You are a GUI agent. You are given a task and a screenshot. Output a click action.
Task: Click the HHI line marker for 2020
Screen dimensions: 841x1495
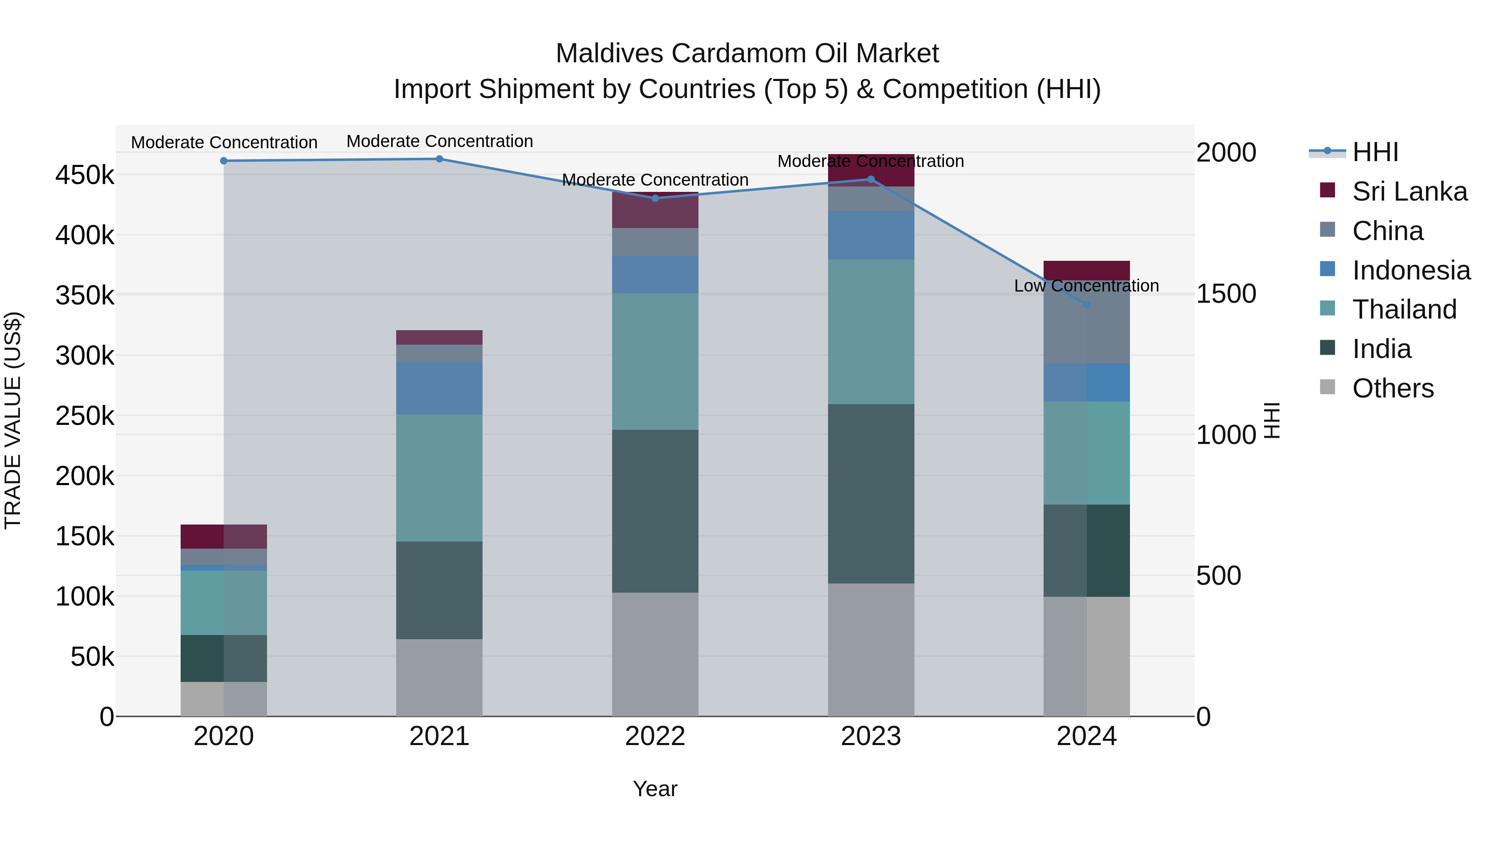tap(223, 161)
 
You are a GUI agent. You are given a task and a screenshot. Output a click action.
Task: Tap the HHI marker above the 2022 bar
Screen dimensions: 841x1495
tap(655, 199)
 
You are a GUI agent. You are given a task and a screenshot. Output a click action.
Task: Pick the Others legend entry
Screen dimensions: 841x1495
tap(1392, 388)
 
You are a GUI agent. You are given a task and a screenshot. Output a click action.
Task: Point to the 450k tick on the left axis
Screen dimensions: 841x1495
tap(85, 175)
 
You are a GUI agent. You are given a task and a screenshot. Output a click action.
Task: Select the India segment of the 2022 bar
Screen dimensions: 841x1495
tap(655, 511)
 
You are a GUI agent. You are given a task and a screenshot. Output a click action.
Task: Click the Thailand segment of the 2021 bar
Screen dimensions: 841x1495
tap(439, 478)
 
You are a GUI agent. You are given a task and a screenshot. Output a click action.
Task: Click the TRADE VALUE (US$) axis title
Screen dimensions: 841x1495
tap(13, 420)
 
